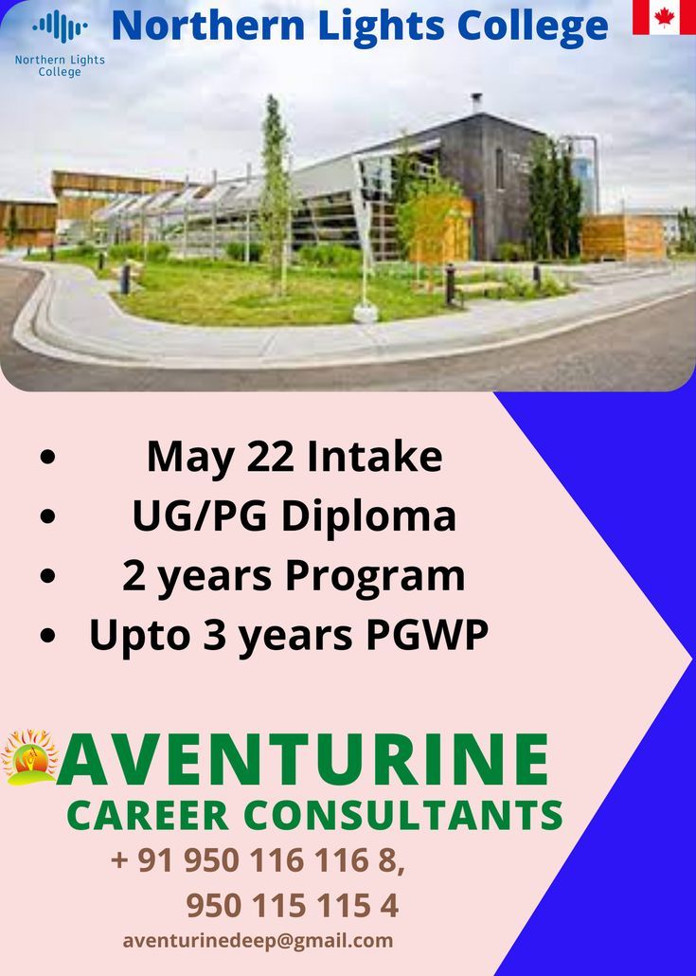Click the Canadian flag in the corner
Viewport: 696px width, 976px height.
pos(664,17)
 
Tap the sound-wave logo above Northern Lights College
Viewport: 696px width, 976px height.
pos(60,27)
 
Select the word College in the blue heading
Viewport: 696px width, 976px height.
pos(532,27)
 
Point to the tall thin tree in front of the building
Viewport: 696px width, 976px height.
pos(276,187)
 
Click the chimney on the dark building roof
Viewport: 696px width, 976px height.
pos(476,102)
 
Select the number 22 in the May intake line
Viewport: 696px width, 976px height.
pos(270,457)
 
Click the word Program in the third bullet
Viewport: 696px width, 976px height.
pos(375,577)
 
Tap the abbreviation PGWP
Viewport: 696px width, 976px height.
pos(427,635)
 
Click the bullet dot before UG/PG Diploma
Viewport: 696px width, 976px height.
pos(48,516)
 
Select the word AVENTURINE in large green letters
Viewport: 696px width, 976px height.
pos(303,760)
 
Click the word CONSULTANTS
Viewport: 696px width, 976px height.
pos(403,815)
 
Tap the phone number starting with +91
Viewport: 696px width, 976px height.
pos(258,860)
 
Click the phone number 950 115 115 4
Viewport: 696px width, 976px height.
pos(293,906)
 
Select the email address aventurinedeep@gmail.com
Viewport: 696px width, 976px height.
pos(258,941)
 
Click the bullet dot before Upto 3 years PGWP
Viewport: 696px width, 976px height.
pos(48,636)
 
